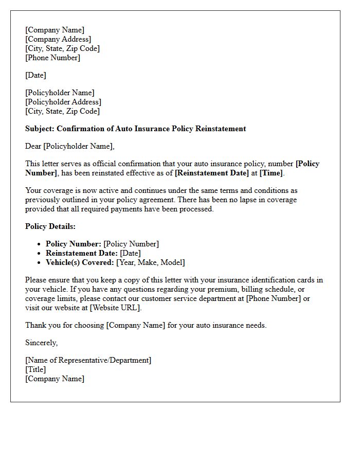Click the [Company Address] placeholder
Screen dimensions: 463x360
tap(58, 39)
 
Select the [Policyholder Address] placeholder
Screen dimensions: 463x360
tap(63, 102)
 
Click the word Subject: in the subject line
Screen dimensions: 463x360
tap(40, 129)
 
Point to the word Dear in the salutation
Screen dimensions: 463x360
tap(33, 146)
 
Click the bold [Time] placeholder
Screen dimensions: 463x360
tap(271, 173)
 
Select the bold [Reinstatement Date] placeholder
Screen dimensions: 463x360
tap(212, 173)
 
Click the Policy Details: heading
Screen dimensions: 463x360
tap(50, 226)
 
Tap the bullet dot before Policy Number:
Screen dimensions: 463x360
tap(39, 244)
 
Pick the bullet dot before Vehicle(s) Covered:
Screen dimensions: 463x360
tap(39, 263)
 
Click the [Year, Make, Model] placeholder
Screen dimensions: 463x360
tap(151, 262)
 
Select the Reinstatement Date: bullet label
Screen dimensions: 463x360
tap(82, 253)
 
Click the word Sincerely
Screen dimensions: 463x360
tap(41, 343)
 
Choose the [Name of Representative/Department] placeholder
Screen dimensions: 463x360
tap(88, 360)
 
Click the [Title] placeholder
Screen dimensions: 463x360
tap(35, 369)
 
